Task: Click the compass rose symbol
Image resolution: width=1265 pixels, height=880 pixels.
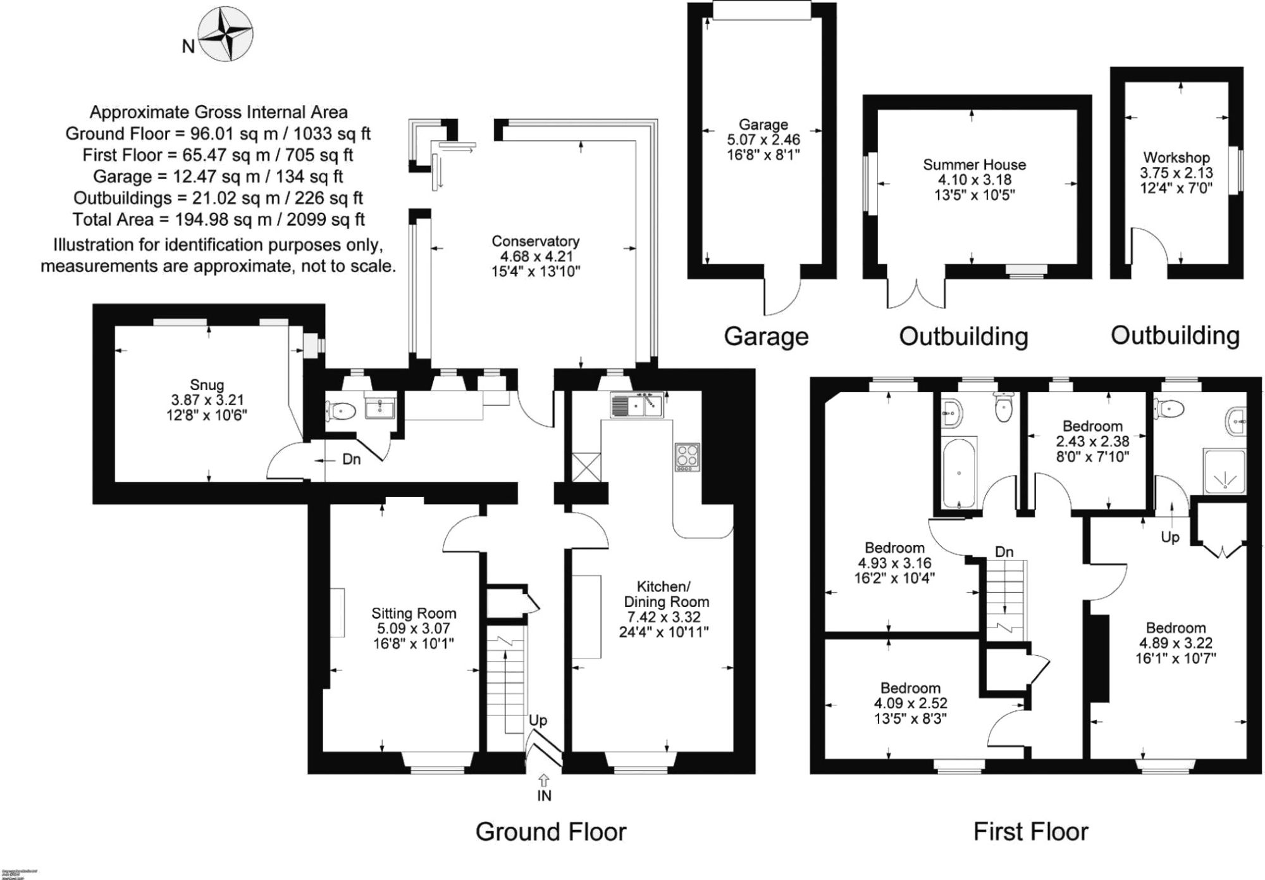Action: click(225, 34)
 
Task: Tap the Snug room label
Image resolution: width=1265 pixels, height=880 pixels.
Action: click(207, 385)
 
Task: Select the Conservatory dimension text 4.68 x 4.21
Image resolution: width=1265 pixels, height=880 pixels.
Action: click(536, 256)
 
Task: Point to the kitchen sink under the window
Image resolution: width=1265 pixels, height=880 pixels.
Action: click(636, 405)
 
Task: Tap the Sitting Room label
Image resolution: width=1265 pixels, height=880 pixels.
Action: click(414, 613)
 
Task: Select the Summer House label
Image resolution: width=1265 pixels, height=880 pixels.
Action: click(974, 165)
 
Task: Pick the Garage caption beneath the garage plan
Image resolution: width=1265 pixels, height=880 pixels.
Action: click(766, 336)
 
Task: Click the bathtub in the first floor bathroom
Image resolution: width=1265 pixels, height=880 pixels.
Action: click(960, 472)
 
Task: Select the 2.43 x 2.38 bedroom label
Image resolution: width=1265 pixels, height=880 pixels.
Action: click(1092, 441)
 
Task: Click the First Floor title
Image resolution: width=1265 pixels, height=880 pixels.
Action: click(1031, 831)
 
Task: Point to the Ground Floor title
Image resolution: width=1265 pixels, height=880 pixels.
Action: click(551, 831)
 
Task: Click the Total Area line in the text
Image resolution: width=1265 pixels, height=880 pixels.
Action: click(218, 220)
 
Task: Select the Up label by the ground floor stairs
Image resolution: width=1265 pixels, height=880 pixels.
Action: click(538, 720)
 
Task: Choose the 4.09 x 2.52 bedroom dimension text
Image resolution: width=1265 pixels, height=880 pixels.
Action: click(910, 703)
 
